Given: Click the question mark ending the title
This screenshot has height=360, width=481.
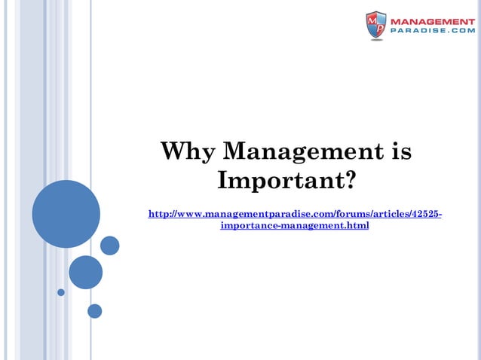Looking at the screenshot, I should click(x=348, y=182).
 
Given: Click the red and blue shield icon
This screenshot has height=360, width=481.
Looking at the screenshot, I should click(x=376, y=26).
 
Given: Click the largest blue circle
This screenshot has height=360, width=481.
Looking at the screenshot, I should click(x=66, y=214).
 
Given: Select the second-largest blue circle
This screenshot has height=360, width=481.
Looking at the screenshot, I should click(x=85, y=272).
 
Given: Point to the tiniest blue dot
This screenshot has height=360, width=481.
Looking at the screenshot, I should click(x=61, y=292).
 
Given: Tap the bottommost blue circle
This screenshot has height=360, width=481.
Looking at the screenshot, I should click(x=94, y=310).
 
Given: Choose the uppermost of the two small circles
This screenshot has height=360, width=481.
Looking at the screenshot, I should click(x=110, y=246).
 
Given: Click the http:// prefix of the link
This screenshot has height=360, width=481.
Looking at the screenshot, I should click(x=164, y=215).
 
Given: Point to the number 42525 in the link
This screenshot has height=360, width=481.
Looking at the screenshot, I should click(x=423, y=215).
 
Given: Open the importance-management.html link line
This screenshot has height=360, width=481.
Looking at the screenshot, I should click(x=294, y=226).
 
